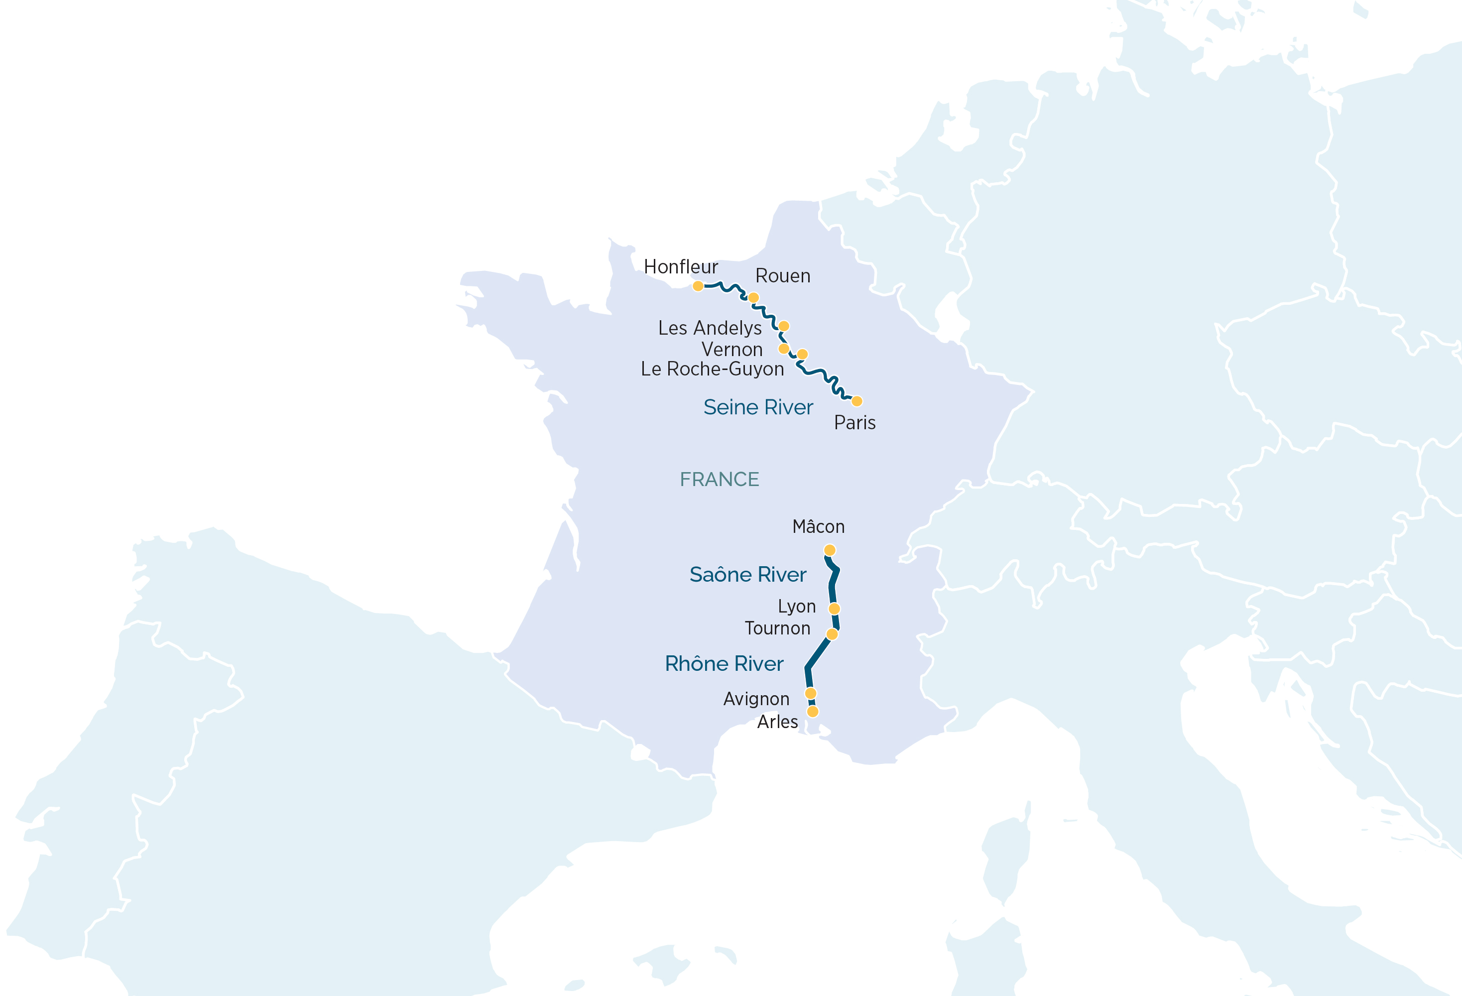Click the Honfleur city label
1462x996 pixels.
(681, 267)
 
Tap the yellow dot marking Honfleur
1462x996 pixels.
(698, 286)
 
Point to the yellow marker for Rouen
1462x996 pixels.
(753, 298)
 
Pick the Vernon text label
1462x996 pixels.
(731, 349)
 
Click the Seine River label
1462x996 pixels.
(758, 407)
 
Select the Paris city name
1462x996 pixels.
(854, 423)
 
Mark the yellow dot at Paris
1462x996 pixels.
(857, 401)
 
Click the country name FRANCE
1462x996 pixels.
(719, 480)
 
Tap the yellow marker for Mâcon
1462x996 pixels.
(830, 550)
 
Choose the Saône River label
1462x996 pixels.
(747, 575)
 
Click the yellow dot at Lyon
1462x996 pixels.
(834, 609)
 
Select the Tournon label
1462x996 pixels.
(777, 628)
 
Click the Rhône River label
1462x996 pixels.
(724, 664)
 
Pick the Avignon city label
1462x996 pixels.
(756, 699)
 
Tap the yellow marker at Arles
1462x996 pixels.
(813, 712)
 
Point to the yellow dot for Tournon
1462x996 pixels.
(832, 634)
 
